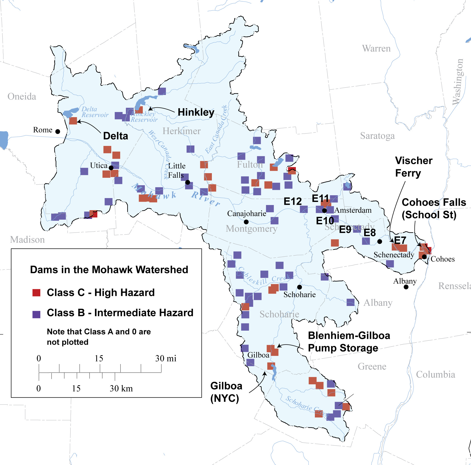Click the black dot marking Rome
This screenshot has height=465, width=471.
(x=58, y=132)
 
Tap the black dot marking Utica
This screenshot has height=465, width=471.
(x=111, y=168)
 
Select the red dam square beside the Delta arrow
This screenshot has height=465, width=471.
(x=73, y=120)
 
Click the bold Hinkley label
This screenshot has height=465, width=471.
(x=196, y=112)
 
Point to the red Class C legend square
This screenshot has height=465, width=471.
(x=36, y=293)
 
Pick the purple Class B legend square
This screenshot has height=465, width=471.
(x=36, y=314)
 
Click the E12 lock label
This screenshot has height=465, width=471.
(x=293, y=201)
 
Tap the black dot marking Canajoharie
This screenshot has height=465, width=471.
(x=246, y=222)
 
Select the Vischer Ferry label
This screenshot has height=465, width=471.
(x=413, y=167)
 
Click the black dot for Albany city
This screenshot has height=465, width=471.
(x=406, y=287)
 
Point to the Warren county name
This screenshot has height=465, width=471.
(x=376, y=49)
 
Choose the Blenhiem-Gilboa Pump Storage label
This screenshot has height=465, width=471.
(x=349, y=342)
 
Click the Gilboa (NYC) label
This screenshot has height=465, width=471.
(x=226, y=392)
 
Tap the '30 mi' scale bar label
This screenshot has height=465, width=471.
(x=166, y=358)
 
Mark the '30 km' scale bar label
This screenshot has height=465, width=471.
(x=121, y=388)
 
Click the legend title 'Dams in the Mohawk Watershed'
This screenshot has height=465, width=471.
(x=109, y=270)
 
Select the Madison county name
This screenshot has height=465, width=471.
(x=27, y=240)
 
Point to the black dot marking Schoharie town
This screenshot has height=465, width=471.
(x=299, y=287)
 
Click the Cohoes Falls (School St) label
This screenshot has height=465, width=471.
(x=434, y=209)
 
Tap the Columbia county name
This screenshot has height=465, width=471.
(x=435, y=375)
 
